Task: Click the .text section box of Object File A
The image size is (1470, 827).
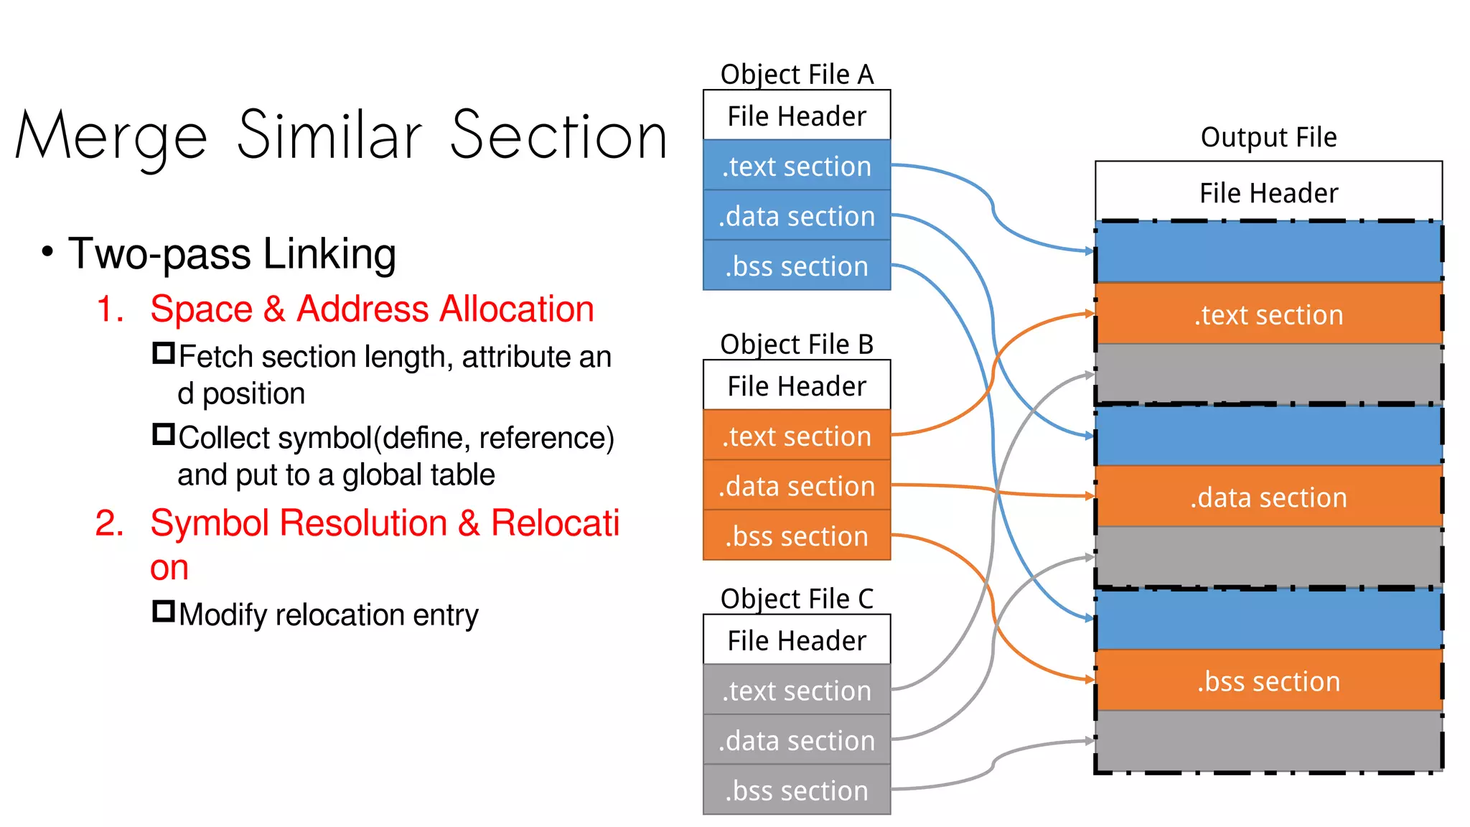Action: tap(797, 166)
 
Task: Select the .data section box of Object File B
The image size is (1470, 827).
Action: tap(797, 486)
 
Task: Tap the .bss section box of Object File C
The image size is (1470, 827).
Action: tap(797, 790)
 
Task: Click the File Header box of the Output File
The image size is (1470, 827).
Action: tap(1268, 192)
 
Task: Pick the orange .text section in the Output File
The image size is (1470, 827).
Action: tap(1268, 314)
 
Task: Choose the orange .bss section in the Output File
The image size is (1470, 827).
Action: tap(1268, 681)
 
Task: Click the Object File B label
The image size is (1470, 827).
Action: tap(797, 344)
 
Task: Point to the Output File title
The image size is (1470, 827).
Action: tap(1268, 136)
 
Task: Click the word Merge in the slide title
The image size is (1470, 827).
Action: tap(111, 136)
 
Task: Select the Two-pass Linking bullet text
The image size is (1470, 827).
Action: tap(232, 253)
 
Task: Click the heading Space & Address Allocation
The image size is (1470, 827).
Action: tap(372, 309)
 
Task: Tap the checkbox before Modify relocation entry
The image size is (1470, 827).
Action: tap(164, 611)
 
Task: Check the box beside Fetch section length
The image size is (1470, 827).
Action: tap(164, 353)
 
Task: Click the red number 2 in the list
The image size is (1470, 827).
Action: tap(109, 523)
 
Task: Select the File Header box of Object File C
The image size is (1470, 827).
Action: tap(797, 640)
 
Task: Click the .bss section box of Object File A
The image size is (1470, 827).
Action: tap(797, 266)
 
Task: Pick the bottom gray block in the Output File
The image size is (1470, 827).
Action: tap(1268, 742)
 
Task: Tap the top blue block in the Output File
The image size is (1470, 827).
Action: tap(1268, 252)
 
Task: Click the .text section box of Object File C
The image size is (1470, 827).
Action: tap(797, 690)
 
